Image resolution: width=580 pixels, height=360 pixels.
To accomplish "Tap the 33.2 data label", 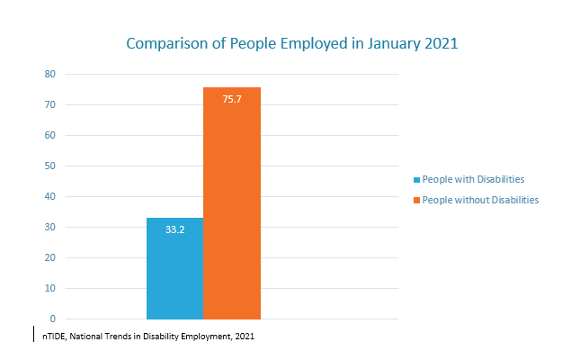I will [x=174, y=229].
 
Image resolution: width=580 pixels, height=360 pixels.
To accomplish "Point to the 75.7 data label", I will [x=232, y=98].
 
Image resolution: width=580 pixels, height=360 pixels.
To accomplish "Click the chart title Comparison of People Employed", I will [x=291, y=43].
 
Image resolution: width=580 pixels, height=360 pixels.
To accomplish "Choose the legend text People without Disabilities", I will [x=480, y=200].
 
